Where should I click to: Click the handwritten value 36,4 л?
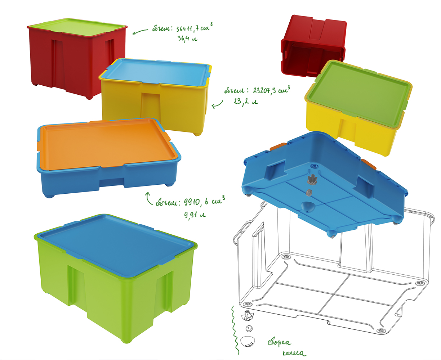pos(187,39)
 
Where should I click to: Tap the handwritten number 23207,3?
pos(264,90)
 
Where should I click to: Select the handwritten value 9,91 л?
pos(195,215)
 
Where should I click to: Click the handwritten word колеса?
pos(294,353)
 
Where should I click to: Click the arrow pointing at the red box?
pos(140,32)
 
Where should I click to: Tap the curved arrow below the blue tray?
pos(149,198)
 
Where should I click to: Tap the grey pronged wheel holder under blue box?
pos(312,180)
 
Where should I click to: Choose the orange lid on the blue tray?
pos(107,144)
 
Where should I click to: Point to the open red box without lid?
pos(313,46)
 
